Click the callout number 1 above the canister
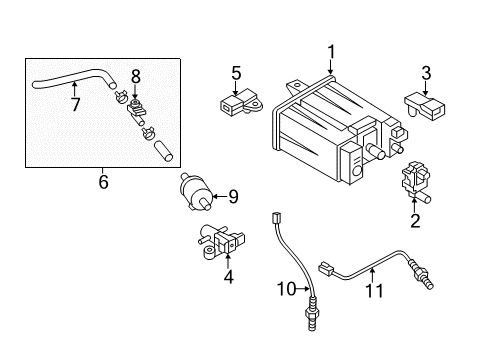(x=331, y=52)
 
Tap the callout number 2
(x=415, y=220)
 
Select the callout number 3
(x=426, y=73)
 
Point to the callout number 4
(x=229, y=276)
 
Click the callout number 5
(x=236, y=73)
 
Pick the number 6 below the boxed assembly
(x=103, y=182)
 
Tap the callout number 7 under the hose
(x=76, y=104)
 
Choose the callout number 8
(x=136, y=77)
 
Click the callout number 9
(x=233, y=197)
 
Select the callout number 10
(x=286, y=289)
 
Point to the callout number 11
(x=375, y=290)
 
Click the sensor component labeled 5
(x=241, y=103)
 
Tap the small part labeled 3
(x=425, y=106)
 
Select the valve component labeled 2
(x=417, y=182)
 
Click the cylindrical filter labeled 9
(x=196, y=192)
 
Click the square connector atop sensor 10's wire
(x=276, y=218)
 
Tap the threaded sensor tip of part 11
(x=422, y=274)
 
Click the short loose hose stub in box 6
(x=163, y=151)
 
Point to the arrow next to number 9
(x=219, y=196)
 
